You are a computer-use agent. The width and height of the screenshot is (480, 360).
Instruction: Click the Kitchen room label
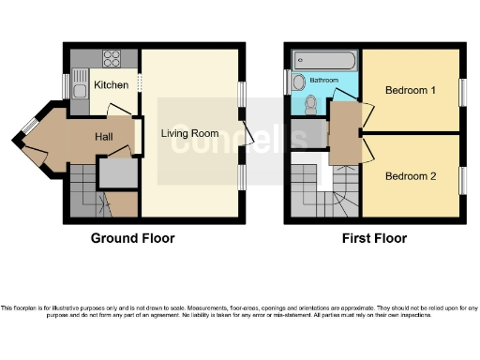tap(111, 85)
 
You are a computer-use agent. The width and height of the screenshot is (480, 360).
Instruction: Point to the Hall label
tap(104, 137)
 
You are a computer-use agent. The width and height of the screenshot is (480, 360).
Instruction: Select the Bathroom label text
tap(324, 81)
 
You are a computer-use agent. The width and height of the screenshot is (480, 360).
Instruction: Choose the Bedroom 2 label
tap(410, 175)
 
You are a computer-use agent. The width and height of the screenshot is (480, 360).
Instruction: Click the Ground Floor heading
tap(132, 238)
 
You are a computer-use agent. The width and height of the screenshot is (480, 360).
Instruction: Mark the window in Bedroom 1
tap(461, 90)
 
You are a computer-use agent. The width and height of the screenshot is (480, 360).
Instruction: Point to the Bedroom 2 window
tap(461, 179)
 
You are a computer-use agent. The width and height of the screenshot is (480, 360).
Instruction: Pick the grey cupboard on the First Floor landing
tap(304, 134)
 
